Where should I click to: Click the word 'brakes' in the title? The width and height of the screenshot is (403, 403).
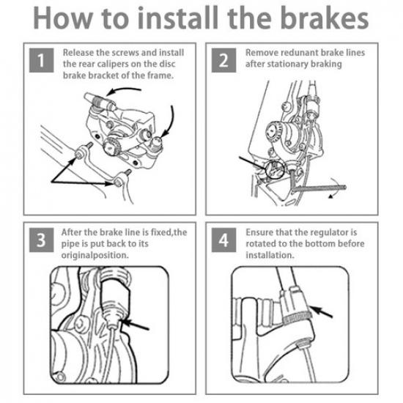coord(325,18)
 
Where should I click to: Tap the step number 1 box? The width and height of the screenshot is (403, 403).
coord(41,60)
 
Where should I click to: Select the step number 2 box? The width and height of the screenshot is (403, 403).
coord(223,60)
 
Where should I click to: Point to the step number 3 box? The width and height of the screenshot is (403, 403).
coord(41,240)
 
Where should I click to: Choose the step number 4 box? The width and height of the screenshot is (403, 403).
coord(223,240)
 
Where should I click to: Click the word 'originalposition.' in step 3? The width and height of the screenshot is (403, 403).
coord(95,256)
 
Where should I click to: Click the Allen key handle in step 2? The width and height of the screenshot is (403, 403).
coord(319,188)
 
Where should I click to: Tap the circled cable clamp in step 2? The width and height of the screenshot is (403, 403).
coord(275,169)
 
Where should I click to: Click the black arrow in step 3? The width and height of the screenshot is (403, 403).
coord(135,325)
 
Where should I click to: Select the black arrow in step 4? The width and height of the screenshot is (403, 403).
coord(321,311)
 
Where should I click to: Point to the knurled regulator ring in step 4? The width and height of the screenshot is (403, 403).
coord(297,318)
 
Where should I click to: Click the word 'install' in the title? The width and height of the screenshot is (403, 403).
coord(178,18)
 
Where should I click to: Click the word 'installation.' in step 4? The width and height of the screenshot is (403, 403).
coord(270,255)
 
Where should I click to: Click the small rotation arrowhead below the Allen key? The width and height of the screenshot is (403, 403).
coord(330,196)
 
